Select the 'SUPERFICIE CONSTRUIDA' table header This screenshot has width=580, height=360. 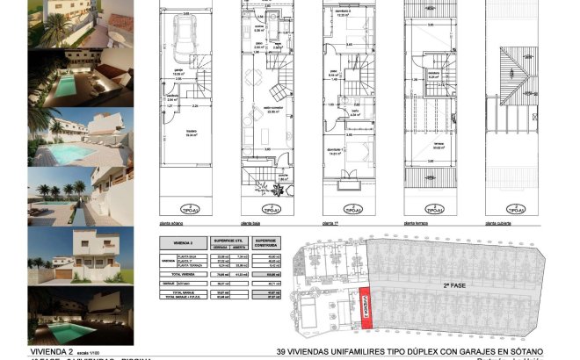point(266,242)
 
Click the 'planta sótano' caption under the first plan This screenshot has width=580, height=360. point(172,226)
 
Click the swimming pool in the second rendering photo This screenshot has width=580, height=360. point(67,85)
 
